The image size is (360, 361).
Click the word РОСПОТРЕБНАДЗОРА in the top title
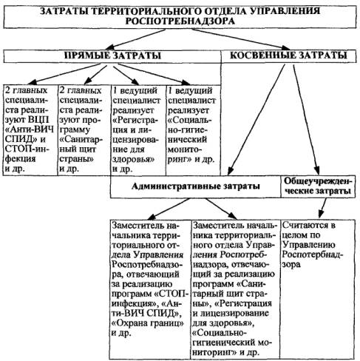pos(180,21)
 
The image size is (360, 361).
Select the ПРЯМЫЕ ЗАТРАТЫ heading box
pos(112,56)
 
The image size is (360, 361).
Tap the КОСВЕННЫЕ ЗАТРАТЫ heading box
pos(289,56)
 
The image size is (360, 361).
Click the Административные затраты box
pos(195,186)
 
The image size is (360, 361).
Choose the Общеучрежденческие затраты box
pos(318,186)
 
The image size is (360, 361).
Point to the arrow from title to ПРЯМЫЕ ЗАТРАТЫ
pos(135,39)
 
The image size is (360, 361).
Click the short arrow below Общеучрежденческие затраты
pos(322,208)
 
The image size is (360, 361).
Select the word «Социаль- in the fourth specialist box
pos(190,121)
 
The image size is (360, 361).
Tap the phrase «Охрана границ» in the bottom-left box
pos(148,323)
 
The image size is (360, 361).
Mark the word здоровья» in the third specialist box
pos(133,159)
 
